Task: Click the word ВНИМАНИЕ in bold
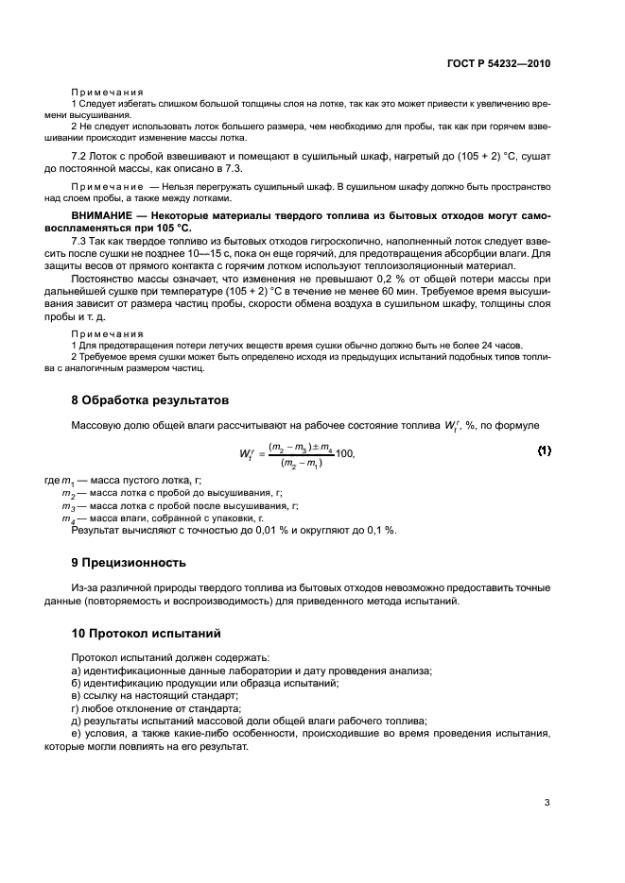coord(102,216)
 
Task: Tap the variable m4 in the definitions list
coord(68,519)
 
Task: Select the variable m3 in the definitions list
coord(68,506)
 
